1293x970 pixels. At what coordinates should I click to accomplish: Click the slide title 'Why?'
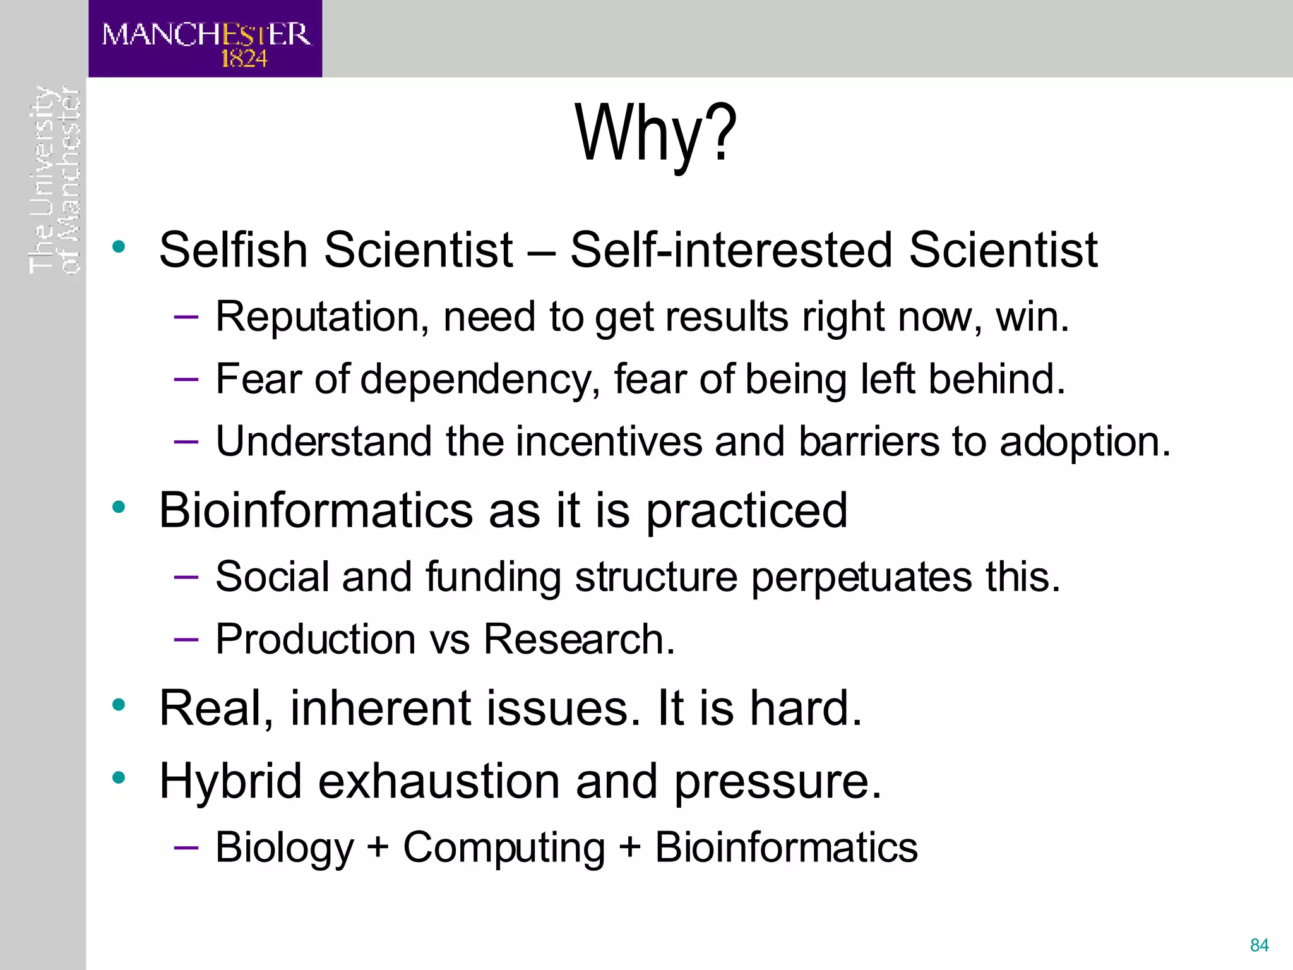(x=655, y=134)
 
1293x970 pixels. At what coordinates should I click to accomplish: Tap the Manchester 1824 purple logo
(x=205, y=39)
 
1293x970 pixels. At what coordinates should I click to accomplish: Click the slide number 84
(x=1259, y=945)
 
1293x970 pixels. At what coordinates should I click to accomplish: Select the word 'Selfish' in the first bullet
(x=232, y=250)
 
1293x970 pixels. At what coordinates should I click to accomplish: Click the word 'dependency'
(x=480, y=380)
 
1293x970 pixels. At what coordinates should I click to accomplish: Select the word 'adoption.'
(x=1085, y=442)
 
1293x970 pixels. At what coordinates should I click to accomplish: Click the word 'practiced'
(x=747, y=512)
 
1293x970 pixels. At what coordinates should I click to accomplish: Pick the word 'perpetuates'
(x=861, y=578)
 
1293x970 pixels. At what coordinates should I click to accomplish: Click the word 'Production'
(x=316, y=639)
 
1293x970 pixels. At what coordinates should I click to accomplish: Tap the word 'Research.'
(x=579, y=639)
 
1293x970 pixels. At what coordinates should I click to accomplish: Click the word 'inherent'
(x=381, y=709)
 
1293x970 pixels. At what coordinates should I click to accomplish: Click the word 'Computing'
(x=504, y=848)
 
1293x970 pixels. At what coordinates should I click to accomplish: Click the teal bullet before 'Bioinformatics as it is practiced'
(x=119, y=506)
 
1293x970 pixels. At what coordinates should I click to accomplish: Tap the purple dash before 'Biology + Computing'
(x=186, y=846)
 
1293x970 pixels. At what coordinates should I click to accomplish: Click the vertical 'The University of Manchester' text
(x=56, y=180)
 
